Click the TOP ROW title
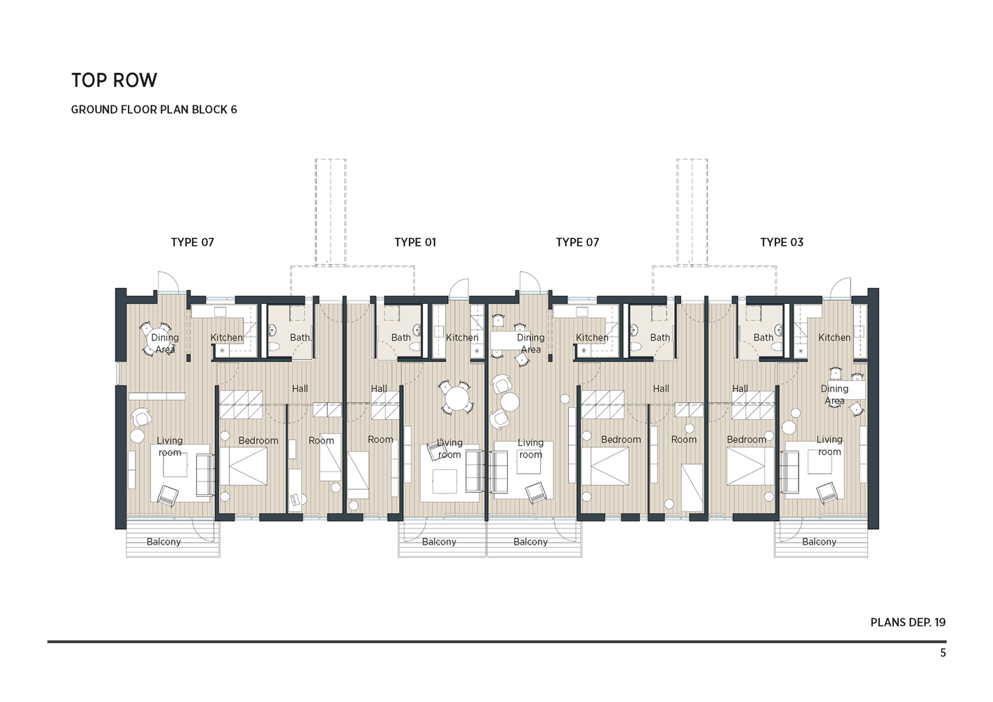(114, 80)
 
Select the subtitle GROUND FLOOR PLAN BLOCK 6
(154, 110)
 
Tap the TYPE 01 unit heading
(415, 242)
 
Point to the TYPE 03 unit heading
(782, 242)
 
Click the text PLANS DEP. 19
(907, 622)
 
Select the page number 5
(942, 653)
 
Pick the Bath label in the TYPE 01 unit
(401, 338)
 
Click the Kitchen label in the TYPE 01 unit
(462, 338)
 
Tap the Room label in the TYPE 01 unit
(381, 439)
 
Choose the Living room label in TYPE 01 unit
(449, 449)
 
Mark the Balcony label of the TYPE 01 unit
(439, 542)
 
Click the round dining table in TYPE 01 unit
(456, 399)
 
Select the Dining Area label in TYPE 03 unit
(834, 395)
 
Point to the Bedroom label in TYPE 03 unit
(747, 439)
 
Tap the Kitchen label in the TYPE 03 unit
(834, 338)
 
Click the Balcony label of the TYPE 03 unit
(819, 542)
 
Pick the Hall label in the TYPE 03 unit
(740, 388)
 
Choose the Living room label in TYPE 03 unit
(829, 446)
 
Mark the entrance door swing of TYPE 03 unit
(840, 287)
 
